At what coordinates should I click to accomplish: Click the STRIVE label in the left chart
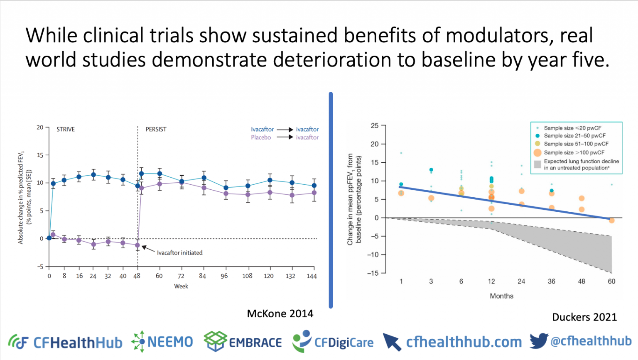pyautogui.click(x=66, y=129)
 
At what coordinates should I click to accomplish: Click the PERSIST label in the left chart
pyautogui.click(x=156, y=129)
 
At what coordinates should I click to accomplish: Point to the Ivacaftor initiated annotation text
pyautogui.click(x=179, y=252)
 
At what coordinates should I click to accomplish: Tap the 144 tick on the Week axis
pyautogui.click(x=312, y=276)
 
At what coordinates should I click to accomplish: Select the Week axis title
pyautogui.click(x=181, y=286)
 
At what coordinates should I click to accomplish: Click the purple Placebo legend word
pyautogui.click(x=261, y=137)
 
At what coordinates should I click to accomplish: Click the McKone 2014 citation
pyautogui.click(x=280, y=313)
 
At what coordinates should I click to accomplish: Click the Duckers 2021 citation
pyautogui.click(x=584, y=317)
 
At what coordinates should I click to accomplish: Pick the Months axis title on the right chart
pyautogui.click(x=501, y=296)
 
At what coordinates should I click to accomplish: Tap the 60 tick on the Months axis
pyautogui.click(x=611, y=281)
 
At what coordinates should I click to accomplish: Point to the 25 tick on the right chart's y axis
pyautogui.click(x=374, y=125)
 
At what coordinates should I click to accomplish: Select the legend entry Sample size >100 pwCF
pyautogui.click(x=574, y=152)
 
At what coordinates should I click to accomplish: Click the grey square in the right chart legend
pyautogui.click(x=537, y=164)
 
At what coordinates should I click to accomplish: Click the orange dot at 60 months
pyautogui.click(x=611, y=220)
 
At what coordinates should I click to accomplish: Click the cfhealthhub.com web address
pyautogui.click(x=464, y=342)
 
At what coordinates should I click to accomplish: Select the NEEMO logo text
pyautogui.click(x=170, y=342)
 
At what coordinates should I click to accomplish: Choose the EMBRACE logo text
pyautogui.click(x=255, y=343)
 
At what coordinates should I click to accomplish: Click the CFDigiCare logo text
pyautogui.click(x=344, y=343)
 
